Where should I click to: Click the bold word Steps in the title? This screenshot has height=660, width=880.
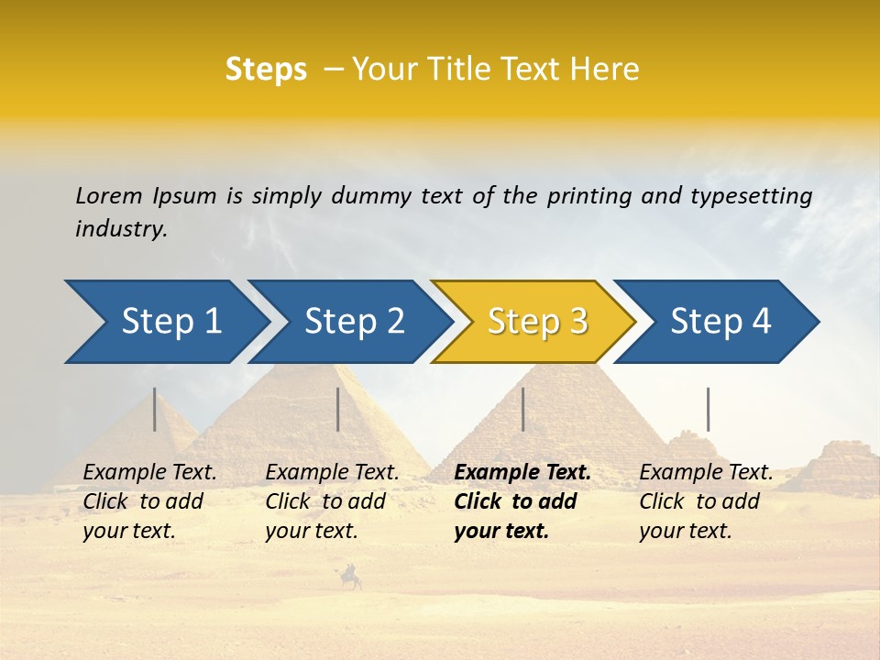(266, 69)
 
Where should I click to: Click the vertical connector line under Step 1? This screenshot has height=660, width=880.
(155, 409)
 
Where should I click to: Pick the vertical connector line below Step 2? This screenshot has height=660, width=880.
(338, 409)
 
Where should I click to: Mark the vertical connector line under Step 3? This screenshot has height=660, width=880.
(522, 409)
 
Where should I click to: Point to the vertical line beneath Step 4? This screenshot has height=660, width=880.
(708, 409)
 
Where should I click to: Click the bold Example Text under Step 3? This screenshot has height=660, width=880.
(522, 473)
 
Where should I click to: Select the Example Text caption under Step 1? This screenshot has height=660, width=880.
(149, 473)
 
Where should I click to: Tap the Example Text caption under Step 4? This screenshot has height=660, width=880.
(706, 473)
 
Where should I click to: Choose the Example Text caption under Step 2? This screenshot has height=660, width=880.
(332, 473)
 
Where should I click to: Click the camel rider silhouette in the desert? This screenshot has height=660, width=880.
(351, 577)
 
